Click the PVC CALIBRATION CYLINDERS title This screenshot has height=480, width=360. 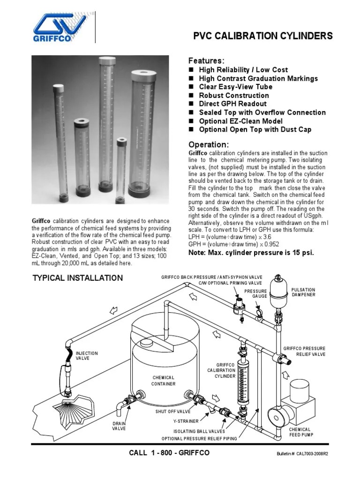263,36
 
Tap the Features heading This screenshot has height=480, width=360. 206,61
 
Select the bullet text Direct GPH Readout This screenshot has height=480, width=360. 232,104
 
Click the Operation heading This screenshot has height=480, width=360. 208,144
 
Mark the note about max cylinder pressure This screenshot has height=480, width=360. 251,253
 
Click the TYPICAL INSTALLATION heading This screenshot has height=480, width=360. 77,278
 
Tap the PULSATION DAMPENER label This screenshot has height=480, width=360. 303,292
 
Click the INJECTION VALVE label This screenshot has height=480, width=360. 87,355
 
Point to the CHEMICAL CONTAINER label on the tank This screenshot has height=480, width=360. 163,381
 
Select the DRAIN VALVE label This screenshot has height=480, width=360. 119,426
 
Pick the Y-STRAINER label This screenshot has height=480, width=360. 184,421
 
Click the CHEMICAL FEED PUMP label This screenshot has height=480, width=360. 300,432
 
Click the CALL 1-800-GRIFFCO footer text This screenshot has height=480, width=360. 169,453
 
